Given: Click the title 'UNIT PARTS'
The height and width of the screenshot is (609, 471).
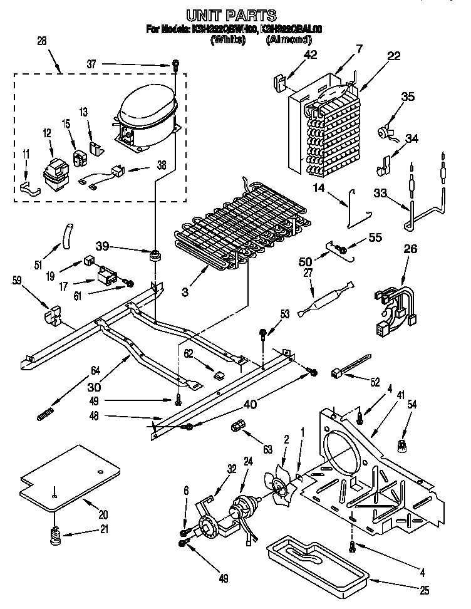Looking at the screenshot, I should pos(232,14).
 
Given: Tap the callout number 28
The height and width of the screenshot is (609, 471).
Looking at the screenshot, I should pos(43,41).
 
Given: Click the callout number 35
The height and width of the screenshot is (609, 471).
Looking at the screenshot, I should pos(408,97).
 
